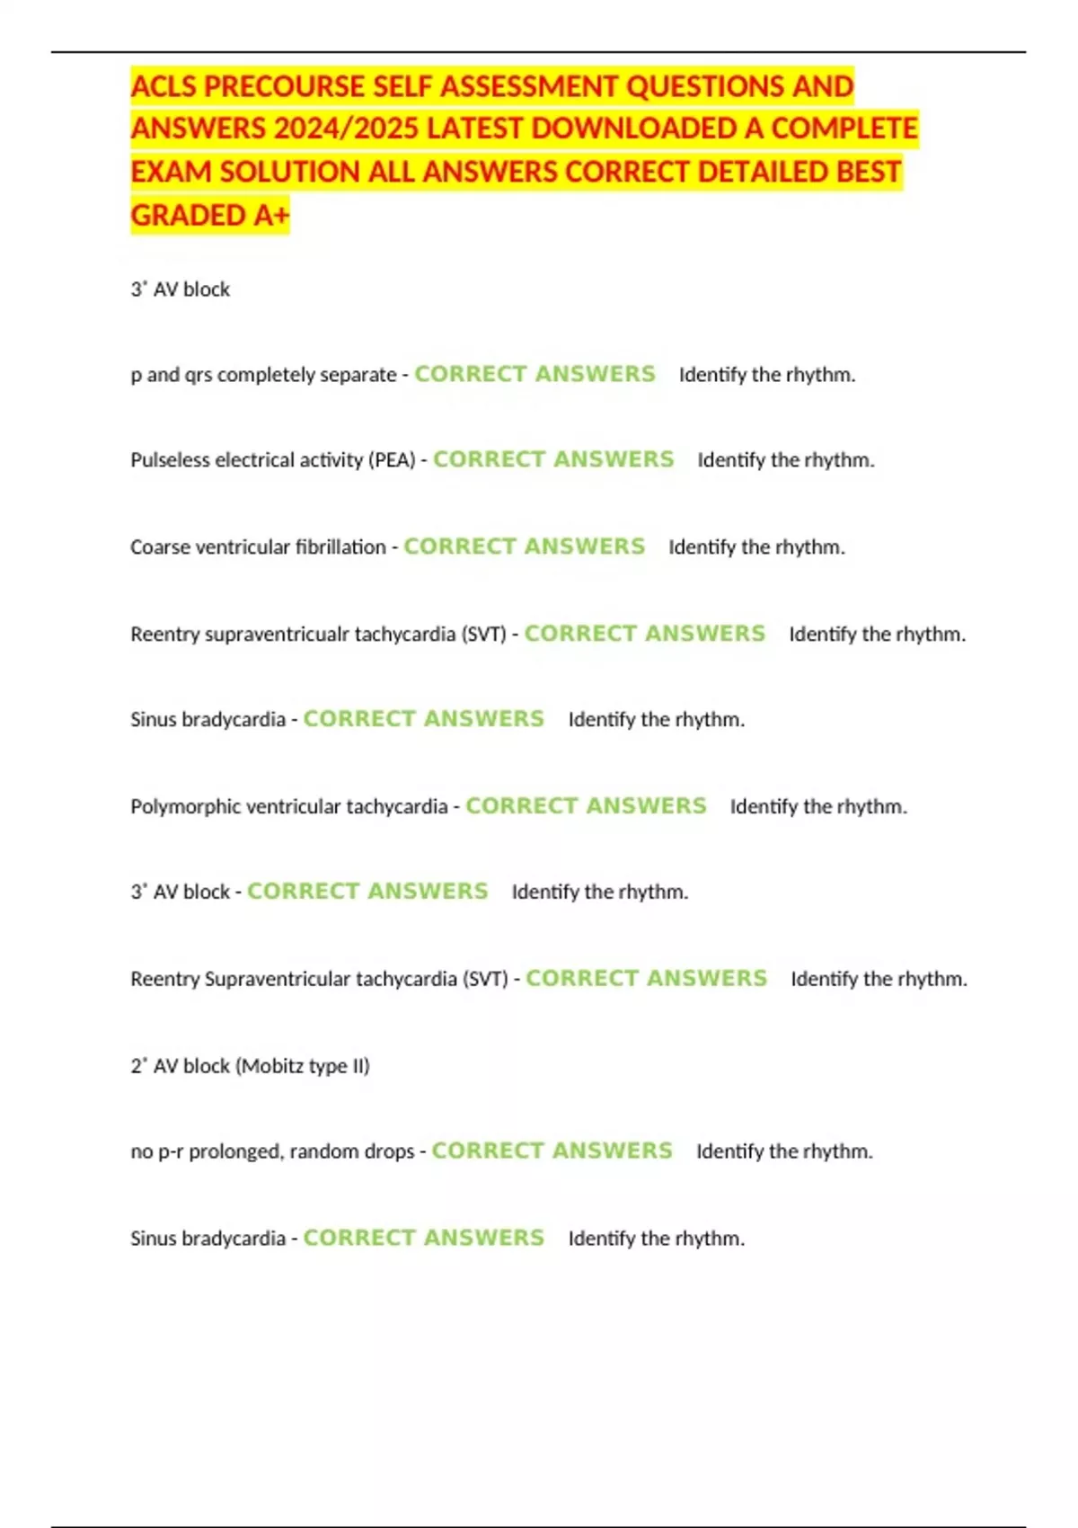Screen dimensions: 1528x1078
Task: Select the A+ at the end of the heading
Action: click(270, 216)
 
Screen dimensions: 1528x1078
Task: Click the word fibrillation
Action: click(341, 547)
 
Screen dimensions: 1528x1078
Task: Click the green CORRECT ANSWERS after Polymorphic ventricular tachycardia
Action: click(586, 806)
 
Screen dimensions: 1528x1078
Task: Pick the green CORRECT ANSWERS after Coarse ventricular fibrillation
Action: click(524, 546)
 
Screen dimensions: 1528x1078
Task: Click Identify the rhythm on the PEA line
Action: click(786, 460)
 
